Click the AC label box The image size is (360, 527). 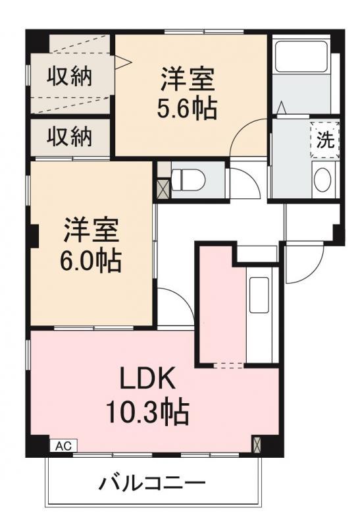point(63,446)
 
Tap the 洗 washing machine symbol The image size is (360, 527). point(324,140)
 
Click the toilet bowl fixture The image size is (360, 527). point(188,180)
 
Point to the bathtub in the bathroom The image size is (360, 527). point(301,57)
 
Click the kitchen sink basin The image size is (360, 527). point(259,294)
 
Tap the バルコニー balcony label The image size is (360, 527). point(152,484)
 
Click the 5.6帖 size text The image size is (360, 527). point(186,108)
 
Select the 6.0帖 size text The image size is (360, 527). point(90,260)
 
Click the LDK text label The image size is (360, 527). point(147,378)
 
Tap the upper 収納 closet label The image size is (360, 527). point(69,77)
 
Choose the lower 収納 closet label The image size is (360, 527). point(69,137)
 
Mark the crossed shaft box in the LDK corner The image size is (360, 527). point(257,444)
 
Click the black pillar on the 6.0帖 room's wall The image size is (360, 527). point(33,235)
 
